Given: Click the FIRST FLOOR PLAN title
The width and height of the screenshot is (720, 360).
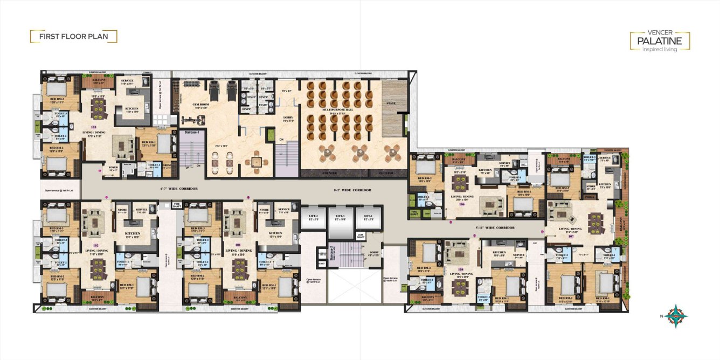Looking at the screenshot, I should pos(73,37).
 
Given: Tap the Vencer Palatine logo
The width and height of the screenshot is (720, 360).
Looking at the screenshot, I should pos(660,41).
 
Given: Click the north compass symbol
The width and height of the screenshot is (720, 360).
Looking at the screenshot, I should pos(674,316).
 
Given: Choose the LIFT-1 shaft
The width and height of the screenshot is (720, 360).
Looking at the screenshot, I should pos(369,221).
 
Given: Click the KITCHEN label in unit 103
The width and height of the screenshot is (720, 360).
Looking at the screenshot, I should pos(131,109).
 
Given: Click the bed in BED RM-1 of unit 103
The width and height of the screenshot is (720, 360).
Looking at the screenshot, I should pos(164,144).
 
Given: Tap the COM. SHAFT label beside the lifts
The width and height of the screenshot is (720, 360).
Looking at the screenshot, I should pos(361,236).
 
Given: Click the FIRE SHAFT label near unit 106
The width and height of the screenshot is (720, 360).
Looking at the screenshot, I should pos(414,212).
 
